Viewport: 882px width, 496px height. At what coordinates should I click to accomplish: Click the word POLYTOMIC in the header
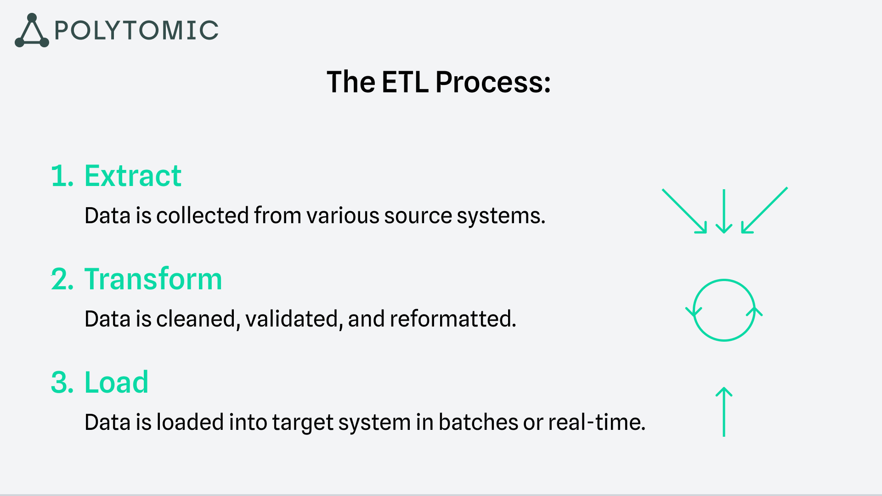pos(136,31)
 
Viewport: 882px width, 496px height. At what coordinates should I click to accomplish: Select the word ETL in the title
pos(405,82)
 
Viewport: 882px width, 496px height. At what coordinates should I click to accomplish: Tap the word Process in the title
pos(493,83)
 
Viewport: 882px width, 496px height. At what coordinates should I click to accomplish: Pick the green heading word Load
pos(116,382)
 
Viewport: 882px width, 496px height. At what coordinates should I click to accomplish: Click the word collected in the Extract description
pos(203,215)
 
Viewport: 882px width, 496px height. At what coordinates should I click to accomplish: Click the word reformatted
pos(453,319)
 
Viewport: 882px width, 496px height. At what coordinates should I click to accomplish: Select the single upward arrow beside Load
pos(724,412)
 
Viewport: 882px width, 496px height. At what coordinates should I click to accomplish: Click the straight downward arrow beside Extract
pos(724,211)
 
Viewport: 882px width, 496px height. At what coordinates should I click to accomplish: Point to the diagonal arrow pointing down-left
pos(764,210)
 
